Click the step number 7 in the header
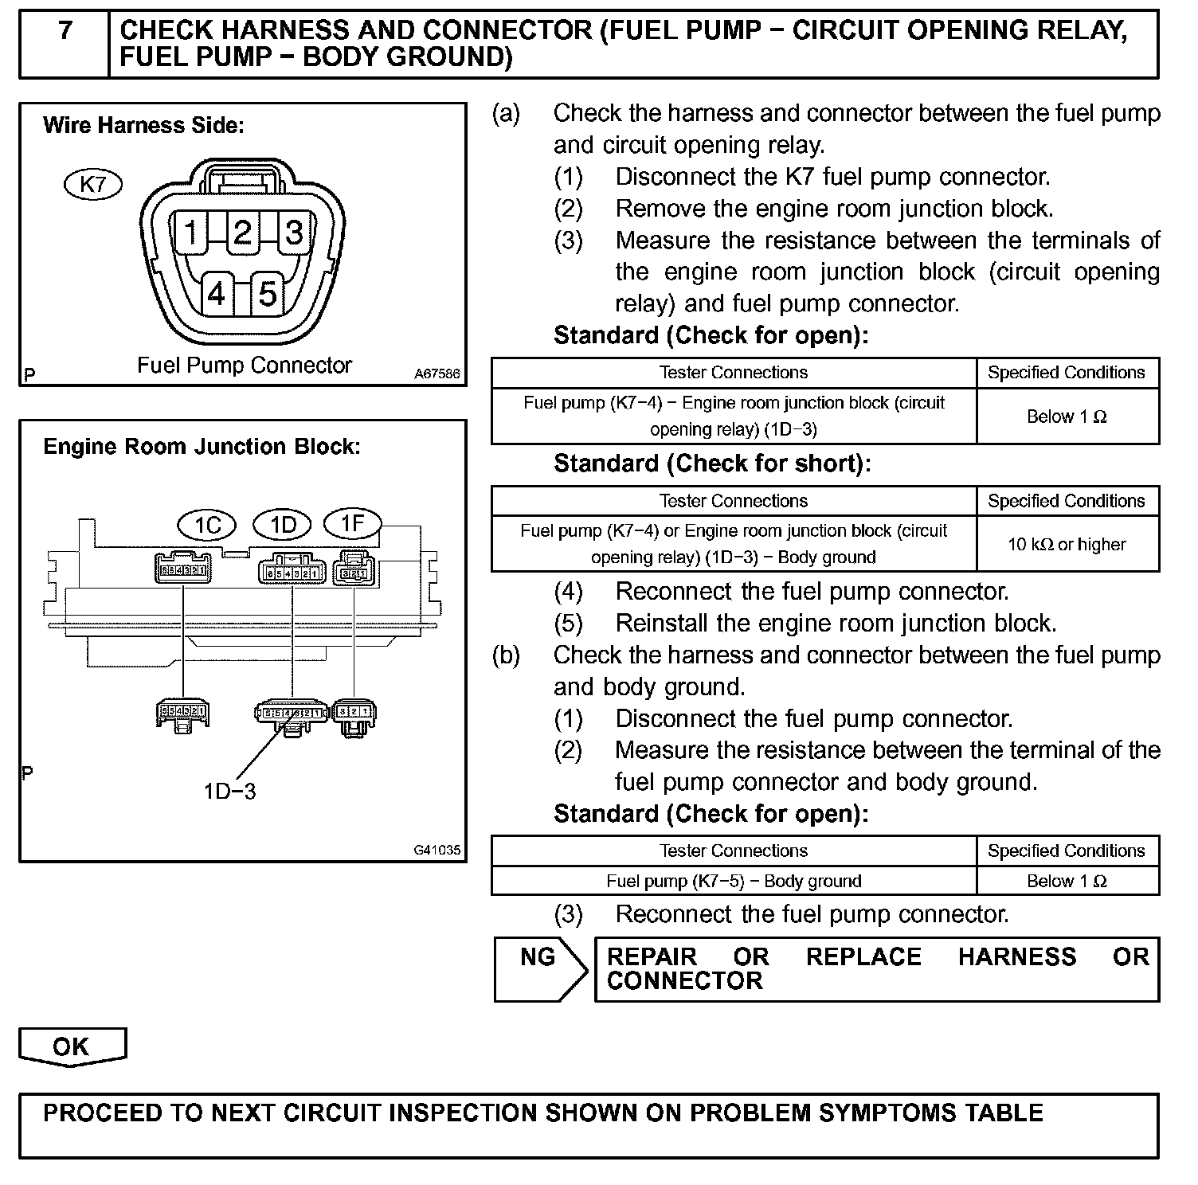coord(65,31)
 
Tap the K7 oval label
coord(93,185)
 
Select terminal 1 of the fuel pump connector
coord(191,233)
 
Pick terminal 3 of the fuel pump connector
coord(294,233)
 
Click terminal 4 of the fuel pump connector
coord(217,295)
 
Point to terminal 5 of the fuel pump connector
coord(268,295)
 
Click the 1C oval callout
coord(208,526)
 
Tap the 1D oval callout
coord(284,525)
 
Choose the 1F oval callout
coord(352,523)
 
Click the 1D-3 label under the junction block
coord(229,792)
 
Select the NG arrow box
coord(539,968)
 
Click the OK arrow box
coord(72,1046)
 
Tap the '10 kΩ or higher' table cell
coord(1067,545)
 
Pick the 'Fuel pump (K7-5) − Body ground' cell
coord(734,882)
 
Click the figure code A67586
coord(437,373)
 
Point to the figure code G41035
coord(437,850)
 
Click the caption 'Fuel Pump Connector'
coord(245,366)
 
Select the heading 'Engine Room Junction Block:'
coord(202,447)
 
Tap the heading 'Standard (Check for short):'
coord(712,463)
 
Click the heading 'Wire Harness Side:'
coord(143,126)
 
